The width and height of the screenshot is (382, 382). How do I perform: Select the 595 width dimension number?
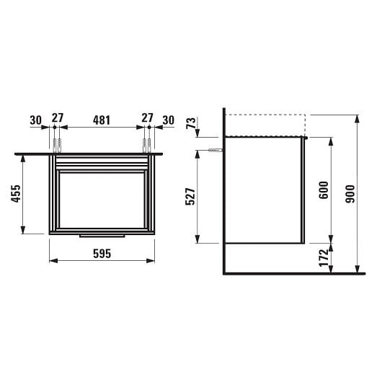pos(102,254)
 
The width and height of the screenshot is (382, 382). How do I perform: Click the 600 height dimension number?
pos(324,189)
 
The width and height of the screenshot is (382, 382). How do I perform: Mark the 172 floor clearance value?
pos(324,257)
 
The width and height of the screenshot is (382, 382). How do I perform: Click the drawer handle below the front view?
pos(102,235)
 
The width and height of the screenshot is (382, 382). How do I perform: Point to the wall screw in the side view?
pos(213,151)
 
